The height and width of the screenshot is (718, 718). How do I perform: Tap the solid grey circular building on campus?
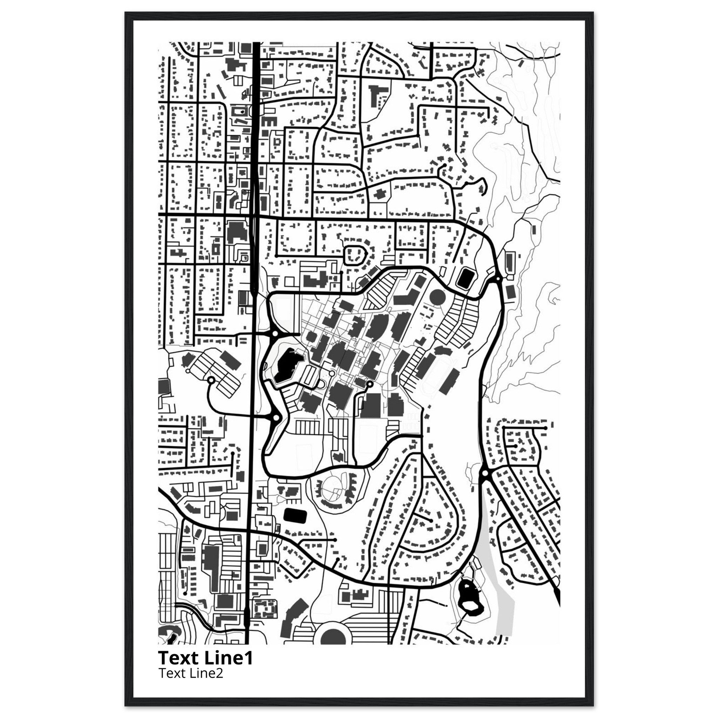[x=438, y=297]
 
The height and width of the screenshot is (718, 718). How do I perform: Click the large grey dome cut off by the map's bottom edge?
[x=336, y=637]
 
